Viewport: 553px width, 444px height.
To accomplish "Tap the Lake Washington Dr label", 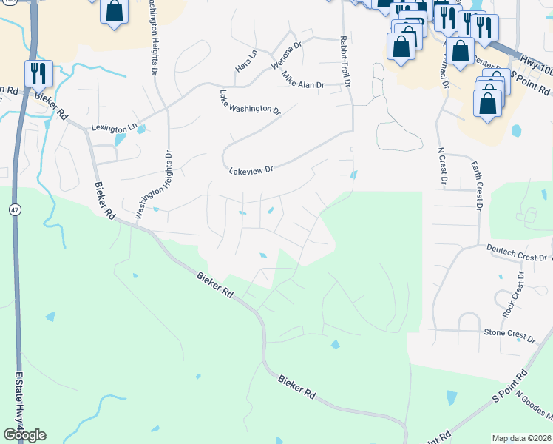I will click(x=250, y=102).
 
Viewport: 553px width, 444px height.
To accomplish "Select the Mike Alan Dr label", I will click(x=300, y=85).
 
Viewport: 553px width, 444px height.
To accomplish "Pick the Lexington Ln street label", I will click(x=114, y=127).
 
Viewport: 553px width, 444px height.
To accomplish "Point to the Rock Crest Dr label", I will click(x=512, y=295).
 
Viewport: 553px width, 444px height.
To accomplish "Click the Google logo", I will click(x=24, y=434).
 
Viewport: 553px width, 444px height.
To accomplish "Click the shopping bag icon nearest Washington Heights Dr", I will click(x=115, y=12).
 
